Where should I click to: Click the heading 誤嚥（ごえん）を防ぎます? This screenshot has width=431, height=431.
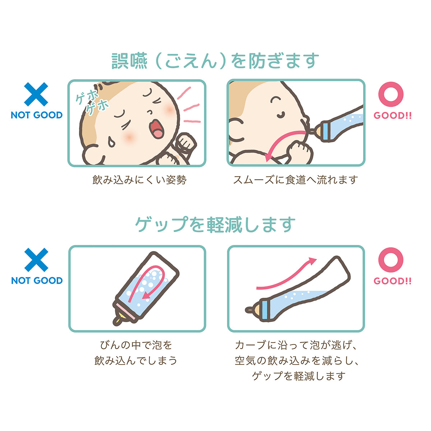coord(215,61)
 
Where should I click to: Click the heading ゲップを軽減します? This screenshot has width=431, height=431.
coord(215,225)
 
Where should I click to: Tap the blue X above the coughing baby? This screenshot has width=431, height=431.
coord(36,94)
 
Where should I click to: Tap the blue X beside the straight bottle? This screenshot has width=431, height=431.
coord(36,260)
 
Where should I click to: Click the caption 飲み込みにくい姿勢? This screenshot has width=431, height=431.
coord(140,180)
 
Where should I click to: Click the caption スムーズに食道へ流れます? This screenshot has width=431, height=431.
coord(296,180)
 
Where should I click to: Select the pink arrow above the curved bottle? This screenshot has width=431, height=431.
coord(287,275)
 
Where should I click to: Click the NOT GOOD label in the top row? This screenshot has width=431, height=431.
coord(37,115)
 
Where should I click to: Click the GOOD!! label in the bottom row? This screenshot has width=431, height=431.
coord(392,281)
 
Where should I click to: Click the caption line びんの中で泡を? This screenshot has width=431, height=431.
coord(136,345)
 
